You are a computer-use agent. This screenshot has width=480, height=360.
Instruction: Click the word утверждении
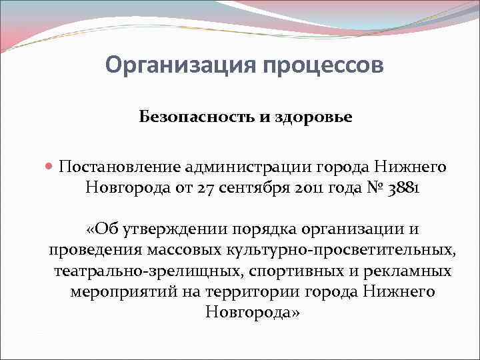(x=174, y=230)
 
